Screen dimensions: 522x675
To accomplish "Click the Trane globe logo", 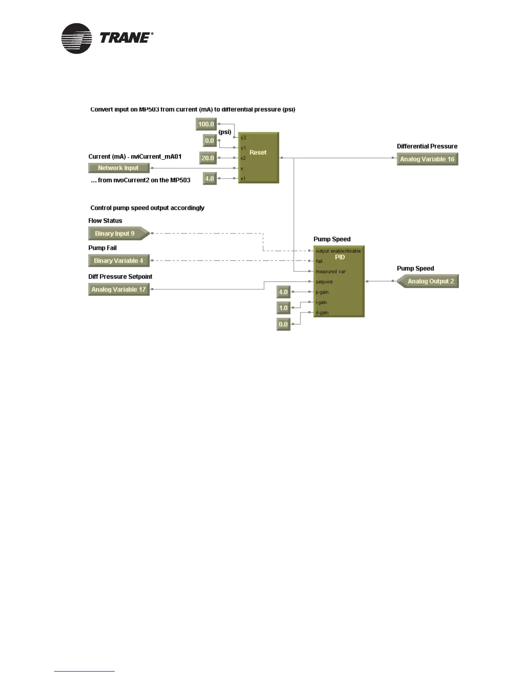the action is [x=76, y=38].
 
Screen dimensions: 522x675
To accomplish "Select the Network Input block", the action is [x=119, y=168].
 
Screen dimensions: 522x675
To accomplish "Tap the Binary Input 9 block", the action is [x=116, y=234].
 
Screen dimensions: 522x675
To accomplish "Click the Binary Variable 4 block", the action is [x=119, y=261].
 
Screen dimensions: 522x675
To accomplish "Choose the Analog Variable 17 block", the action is [x=119, y=289].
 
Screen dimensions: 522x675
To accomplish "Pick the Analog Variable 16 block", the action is [x=427, y=159].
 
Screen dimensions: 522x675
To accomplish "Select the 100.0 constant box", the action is [x=206, y=124].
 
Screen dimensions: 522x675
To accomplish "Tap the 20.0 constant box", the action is [x=208, y=158].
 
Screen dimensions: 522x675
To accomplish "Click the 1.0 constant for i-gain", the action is [x=283, y=308].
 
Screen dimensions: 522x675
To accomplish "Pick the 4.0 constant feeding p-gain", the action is [x=283, y=292].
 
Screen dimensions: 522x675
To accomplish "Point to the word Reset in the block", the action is [x=258, y=153].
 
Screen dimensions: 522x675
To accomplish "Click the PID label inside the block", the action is [x=340, y=257].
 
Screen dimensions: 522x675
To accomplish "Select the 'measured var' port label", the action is [x=331, y=271].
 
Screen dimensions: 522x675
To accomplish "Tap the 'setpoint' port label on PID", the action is [x=324, y=282].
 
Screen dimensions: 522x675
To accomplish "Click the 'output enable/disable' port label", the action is [x=338, y=251].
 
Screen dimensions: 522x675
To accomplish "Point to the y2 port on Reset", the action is [x=243, y=138].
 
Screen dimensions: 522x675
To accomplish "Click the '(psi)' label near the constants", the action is [x=225, y=132].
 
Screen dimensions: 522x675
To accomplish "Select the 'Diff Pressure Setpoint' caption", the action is [x=120, y=277].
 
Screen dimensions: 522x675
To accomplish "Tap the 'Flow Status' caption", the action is [x=105, y=221].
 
